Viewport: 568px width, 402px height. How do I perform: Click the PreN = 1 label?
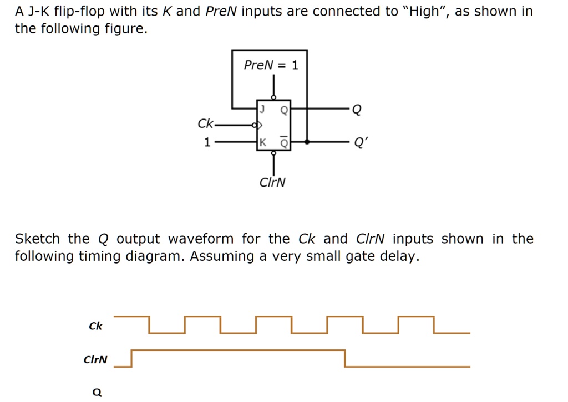click(x=271, y=65)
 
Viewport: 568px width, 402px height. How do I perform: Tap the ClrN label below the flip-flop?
click(x=273, y=182)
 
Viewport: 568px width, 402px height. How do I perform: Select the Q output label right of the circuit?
click(x=356, y=109)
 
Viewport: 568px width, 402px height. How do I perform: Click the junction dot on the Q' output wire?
click(x=307, y=142)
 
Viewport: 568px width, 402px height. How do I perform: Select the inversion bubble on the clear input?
click(x=273, y=153)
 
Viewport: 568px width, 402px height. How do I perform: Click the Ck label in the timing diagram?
click(x=95, y=326)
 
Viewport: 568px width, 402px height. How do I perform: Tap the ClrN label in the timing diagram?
click(x=95, y=359)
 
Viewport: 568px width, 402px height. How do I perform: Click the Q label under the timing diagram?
click(x=97, y=393)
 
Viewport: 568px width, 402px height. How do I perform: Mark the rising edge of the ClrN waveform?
click(x=131, y=358)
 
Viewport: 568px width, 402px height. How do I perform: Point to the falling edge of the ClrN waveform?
click(x=345, y=358)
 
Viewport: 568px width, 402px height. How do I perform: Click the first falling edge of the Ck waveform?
click(x=149, y=325)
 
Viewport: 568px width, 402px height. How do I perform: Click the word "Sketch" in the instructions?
click(x=37, y=239)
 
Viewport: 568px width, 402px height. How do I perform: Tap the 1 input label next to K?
click(x=207, y=142)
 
